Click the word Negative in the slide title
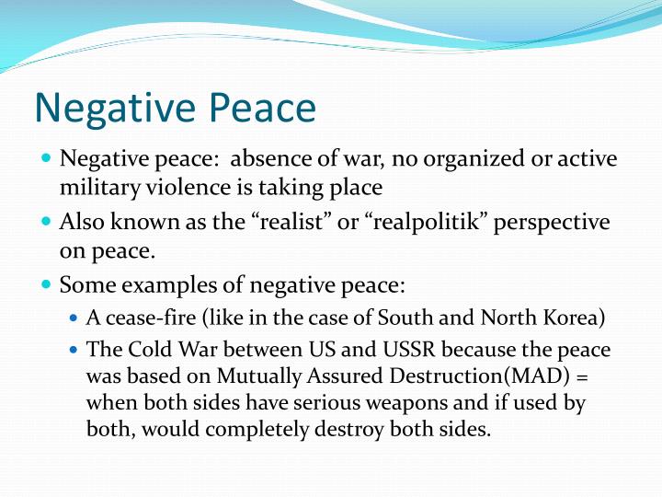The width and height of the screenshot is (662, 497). coord(114,109)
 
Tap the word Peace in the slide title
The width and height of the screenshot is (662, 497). coord(259,109)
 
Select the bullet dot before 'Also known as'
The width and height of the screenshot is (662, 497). coord(47,222)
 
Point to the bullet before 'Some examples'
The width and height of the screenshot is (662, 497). coord(47,284)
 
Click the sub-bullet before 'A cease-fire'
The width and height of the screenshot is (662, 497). coord(74,319)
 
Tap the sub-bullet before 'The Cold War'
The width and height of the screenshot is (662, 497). coord(74,351)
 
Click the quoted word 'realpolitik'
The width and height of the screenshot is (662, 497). coord(402,223)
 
